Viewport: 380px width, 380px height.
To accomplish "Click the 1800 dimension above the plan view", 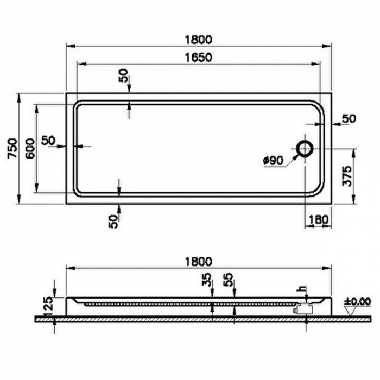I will point(199,40).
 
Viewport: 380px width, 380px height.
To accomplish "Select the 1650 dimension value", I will point(199,56).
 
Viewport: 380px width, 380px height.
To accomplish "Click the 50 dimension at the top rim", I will point(124,76).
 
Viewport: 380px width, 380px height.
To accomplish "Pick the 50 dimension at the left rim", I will point(49,140).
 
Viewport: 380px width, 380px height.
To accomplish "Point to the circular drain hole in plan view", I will point(305,148).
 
